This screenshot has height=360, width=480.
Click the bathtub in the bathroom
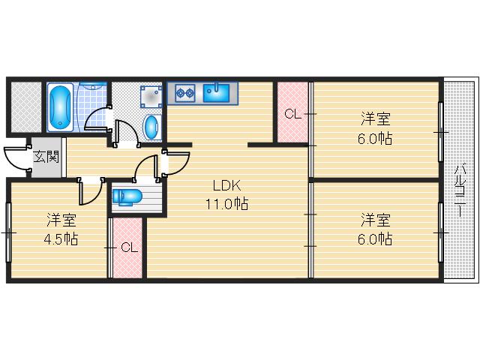pos(60,106)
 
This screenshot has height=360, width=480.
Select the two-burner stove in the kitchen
pos(184,94)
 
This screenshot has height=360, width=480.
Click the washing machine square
pos(151,95)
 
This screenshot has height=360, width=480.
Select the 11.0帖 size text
pos(227,203)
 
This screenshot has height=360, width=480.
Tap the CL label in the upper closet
pos(292,115)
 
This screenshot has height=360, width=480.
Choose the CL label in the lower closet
pos(128,247)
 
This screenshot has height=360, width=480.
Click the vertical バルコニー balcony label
pos(460,189)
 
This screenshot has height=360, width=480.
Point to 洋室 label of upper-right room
pos(376,119)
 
